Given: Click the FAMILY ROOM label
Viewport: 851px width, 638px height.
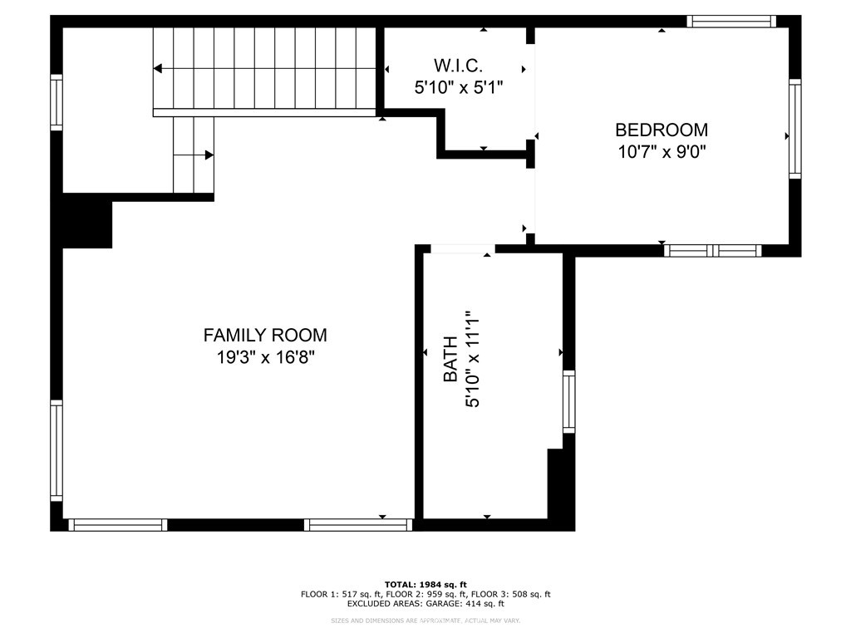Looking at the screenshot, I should [265, 335].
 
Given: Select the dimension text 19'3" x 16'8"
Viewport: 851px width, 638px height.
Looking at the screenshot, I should [265, 358].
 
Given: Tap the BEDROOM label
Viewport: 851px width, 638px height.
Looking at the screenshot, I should [662, 130].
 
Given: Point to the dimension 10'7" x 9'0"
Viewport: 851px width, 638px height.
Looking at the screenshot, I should [662, 152].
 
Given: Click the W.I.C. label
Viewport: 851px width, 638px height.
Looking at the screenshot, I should [459, 65].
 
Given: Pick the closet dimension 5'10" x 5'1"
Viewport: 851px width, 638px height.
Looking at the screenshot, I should [459, 86].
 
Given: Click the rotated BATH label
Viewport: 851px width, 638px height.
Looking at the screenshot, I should [450, 359].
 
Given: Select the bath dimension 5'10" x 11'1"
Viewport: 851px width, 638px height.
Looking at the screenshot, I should [473, 359].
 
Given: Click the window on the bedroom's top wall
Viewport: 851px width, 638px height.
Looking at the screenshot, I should [731, 22].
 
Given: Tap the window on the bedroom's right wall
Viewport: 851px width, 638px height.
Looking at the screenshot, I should [794, 129].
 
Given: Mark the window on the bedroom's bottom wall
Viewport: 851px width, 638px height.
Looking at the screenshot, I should [713, 250].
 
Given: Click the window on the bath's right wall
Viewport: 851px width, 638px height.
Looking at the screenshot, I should [568, 401].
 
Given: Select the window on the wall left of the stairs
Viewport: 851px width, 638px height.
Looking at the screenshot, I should [57, 102].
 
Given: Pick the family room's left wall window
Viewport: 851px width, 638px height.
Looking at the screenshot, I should [57, 450].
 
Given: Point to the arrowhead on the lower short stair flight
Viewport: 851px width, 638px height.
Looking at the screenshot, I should [209, 155].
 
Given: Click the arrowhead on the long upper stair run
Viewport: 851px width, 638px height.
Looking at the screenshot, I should [158, 68].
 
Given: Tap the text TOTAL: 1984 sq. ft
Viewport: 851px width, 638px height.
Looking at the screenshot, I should [425, 584].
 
